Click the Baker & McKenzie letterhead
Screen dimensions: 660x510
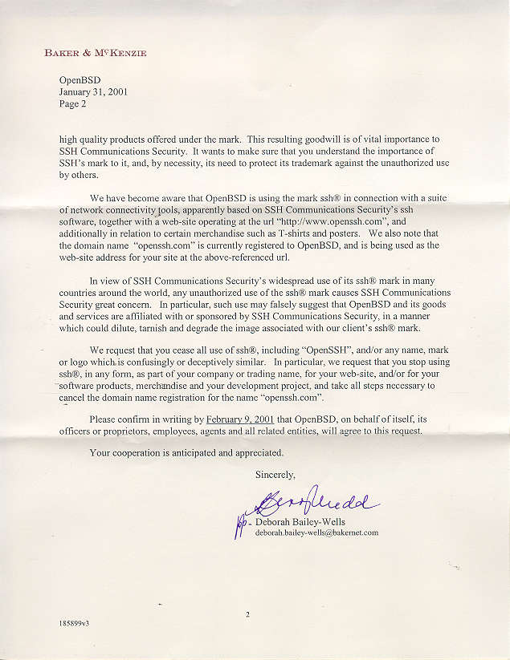click(96, 54)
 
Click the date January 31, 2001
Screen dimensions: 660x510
click(92, 91)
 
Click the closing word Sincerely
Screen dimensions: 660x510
click(275, 475)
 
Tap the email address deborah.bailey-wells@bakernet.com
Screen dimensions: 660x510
click(316, 532)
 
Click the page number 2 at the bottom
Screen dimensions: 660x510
click(248, 614)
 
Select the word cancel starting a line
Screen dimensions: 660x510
click(74, 398)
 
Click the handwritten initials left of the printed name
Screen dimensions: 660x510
click(239, 524)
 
